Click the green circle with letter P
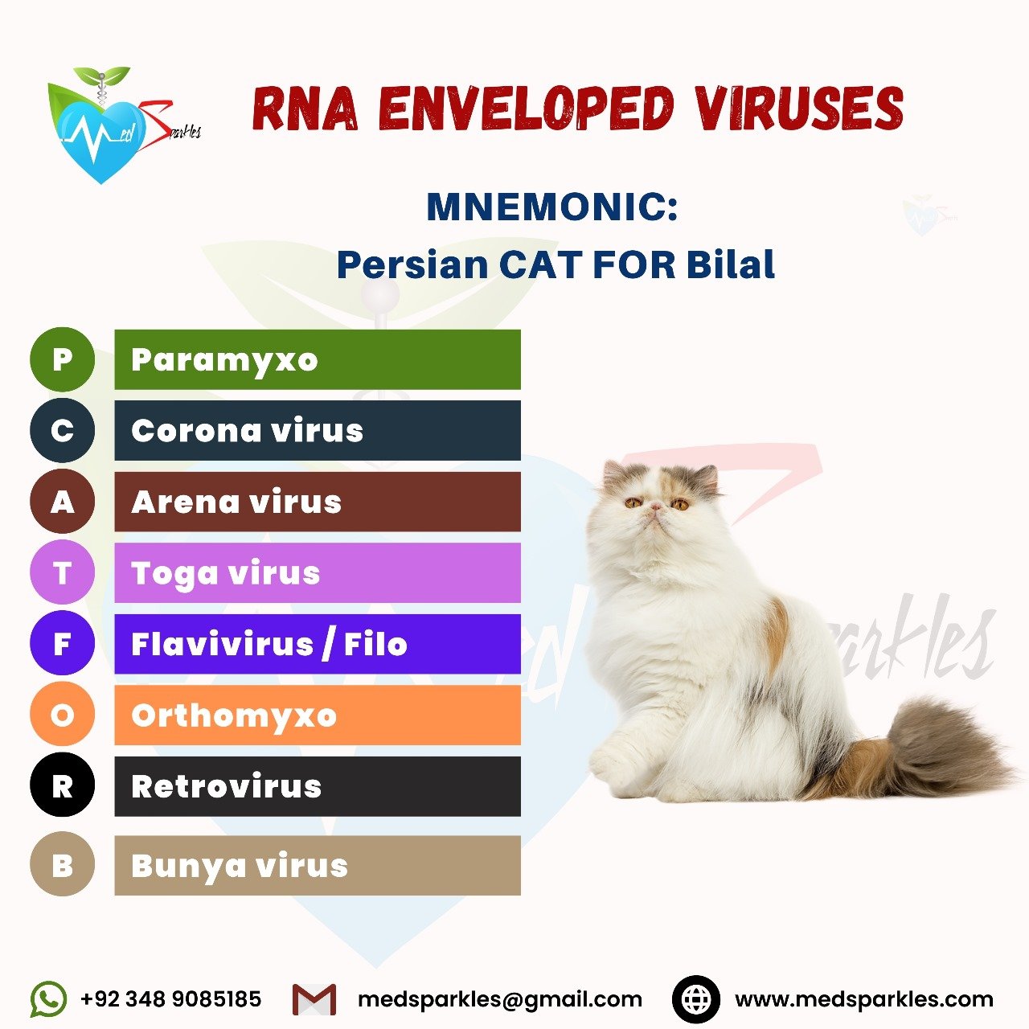62,359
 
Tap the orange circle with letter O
62,715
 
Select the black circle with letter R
62,785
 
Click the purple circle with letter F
62,643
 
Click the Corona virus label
248,430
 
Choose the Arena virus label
236,502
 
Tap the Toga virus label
225,574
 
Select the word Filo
376,643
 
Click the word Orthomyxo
234,716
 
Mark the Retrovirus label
227,786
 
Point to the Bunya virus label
240,866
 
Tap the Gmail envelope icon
314,999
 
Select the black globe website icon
695,998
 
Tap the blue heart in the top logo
101,140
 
